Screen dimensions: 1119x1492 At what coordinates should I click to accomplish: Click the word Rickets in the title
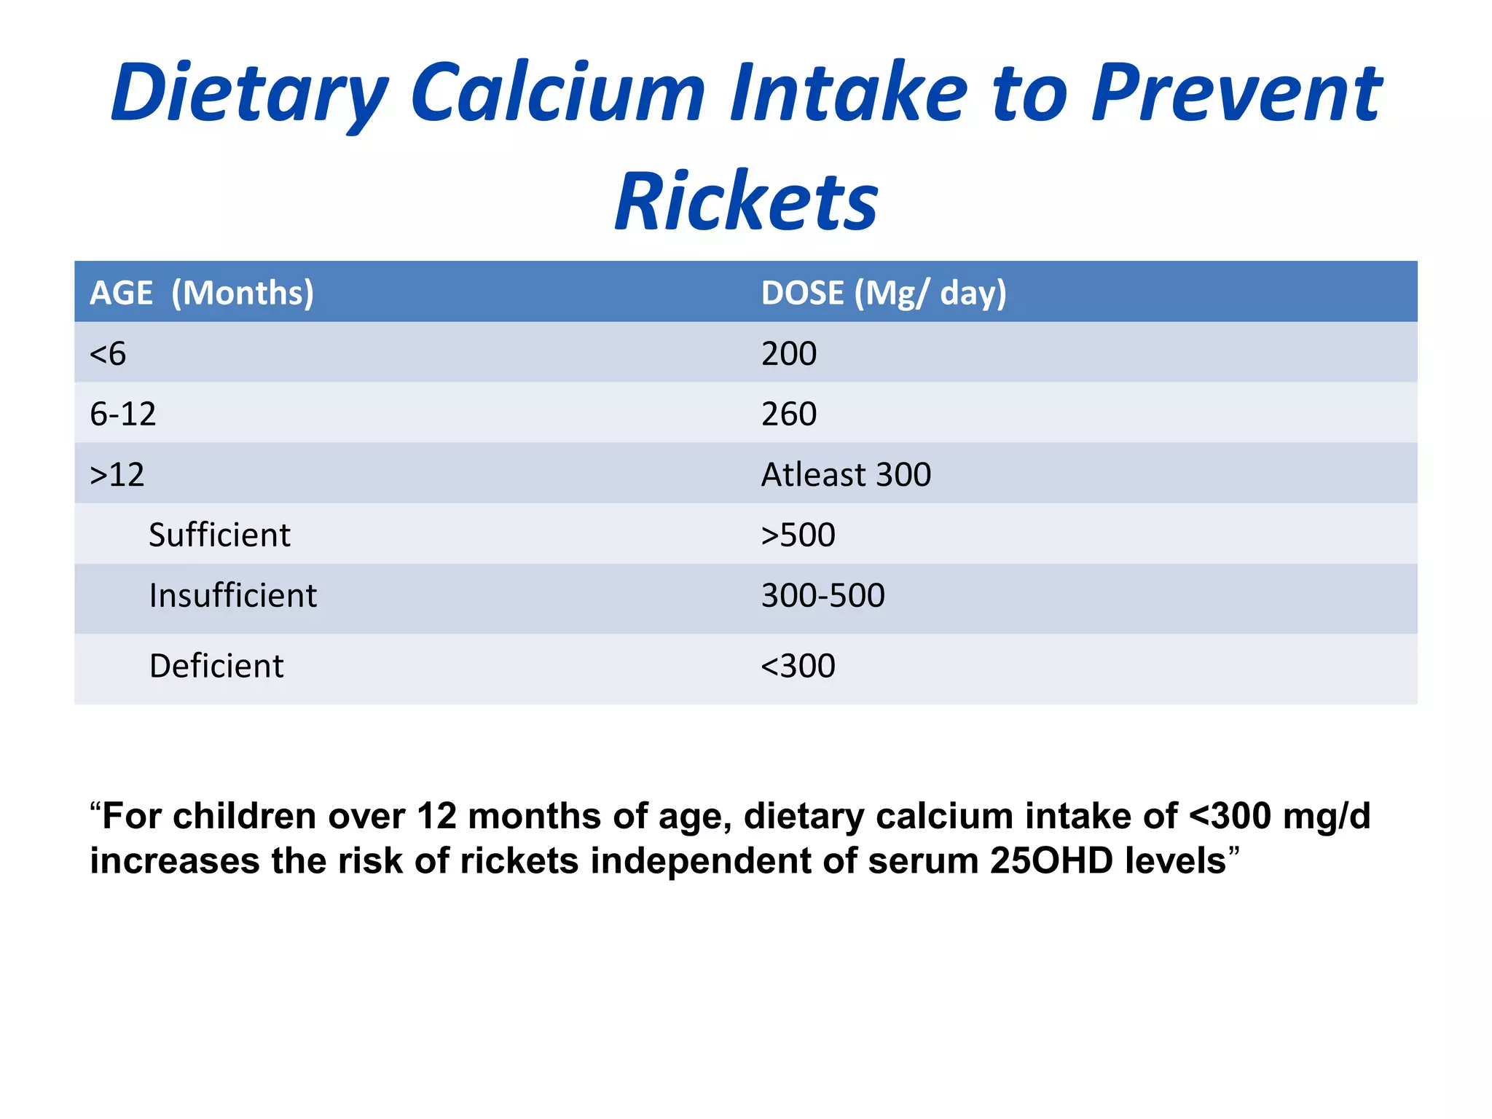tap(746, 201)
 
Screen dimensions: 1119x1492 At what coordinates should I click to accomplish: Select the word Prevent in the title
tap(1236, 93)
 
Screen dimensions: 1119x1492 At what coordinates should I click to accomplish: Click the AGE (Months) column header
tap(202, 293)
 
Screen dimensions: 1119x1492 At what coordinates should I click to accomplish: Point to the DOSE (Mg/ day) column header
tap(884, 293)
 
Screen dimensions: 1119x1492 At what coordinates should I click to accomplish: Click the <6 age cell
tap(108, 354)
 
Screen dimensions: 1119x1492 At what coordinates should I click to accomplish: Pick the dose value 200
tap(789, 354)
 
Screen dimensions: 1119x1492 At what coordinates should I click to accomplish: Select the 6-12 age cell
tap(122, 415)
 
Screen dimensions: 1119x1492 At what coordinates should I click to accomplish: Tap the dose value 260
tap(789, 415)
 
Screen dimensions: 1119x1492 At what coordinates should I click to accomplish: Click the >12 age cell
tap(117, 475)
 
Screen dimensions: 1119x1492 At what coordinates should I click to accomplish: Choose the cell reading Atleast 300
tap(846, 475)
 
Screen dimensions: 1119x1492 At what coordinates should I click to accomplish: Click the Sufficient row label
tap(219, 535)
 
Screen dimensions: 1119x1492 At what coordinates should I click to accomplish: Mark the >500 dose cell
tap(798, 535)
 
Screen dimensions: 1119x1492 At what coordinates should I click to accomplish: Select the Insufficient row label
tap(232, 596)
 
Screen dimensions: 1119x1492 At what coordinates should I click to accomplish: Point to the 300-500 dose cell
tap(822, 596)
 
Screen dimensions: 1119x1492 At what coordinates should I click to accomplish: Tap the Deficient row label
tap(216, 666)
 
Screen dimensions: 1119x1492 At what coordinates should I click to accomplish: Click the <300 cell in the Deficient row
tap(798, 666)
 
